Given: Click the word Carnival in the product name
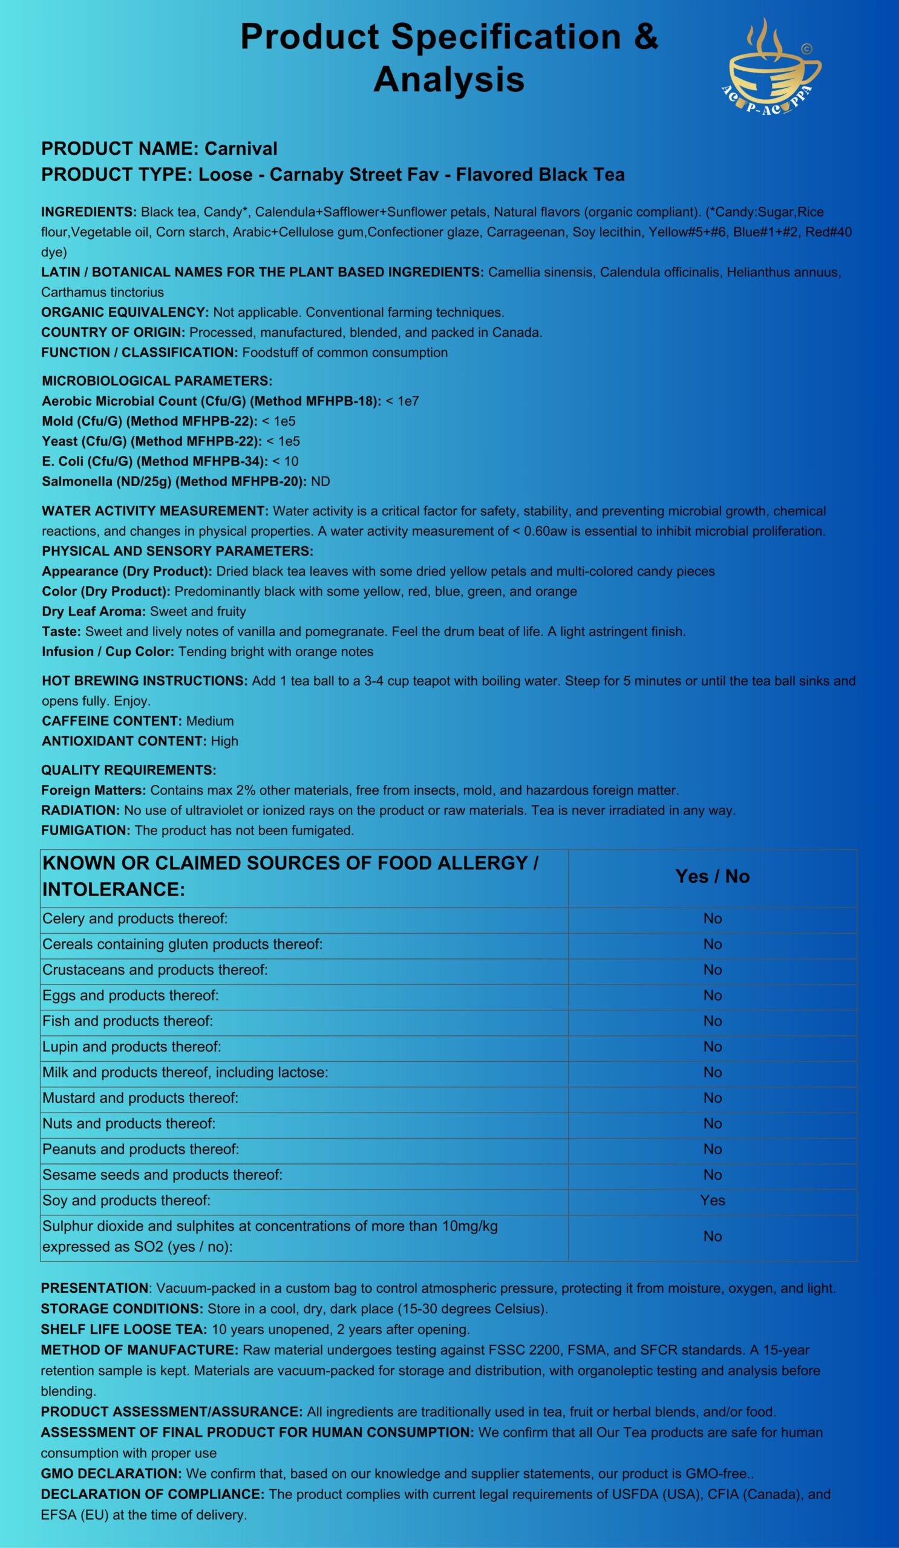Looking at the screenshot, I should point(241,149).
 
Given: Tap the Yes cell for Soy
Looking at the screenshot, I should point(712,1200).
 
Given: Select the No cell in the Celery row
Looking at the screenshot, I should point(712,919).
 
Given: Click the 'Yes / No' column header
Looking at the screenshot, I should point(712,876).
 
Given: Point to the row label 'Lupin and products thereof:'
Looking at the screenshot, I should point(131,1047).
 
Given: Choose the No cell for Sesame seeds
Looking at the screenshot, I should point(712,1174).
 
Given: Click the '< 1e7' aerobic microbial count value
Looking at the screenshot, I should point(402,401).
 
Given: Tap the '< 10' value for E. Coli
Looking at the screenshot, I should point(285,461).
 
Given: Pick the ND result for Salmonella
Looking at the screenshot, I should point(320,481).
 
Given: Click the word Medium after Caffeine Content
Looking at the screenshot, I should point(209,721).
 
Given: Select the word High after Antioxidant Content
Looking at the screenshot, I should point(224,741).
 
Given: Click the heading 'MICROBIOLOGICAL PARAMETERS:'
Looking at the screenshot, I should point(157,381).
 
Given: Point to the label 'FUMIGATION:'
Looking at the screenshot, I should point(85,830).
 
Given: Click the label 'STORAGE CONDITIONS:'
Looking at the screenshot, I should point(122,1309).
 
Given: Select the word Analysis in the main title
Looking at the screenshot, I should point(448,80).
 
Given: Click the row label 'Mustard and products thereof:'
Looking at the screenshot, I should point(140,1098).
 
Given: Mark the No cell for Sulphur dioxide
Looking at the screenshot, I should point(712,1236).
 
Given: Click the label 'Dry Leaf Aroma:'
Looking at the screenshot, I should point(93,612).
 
